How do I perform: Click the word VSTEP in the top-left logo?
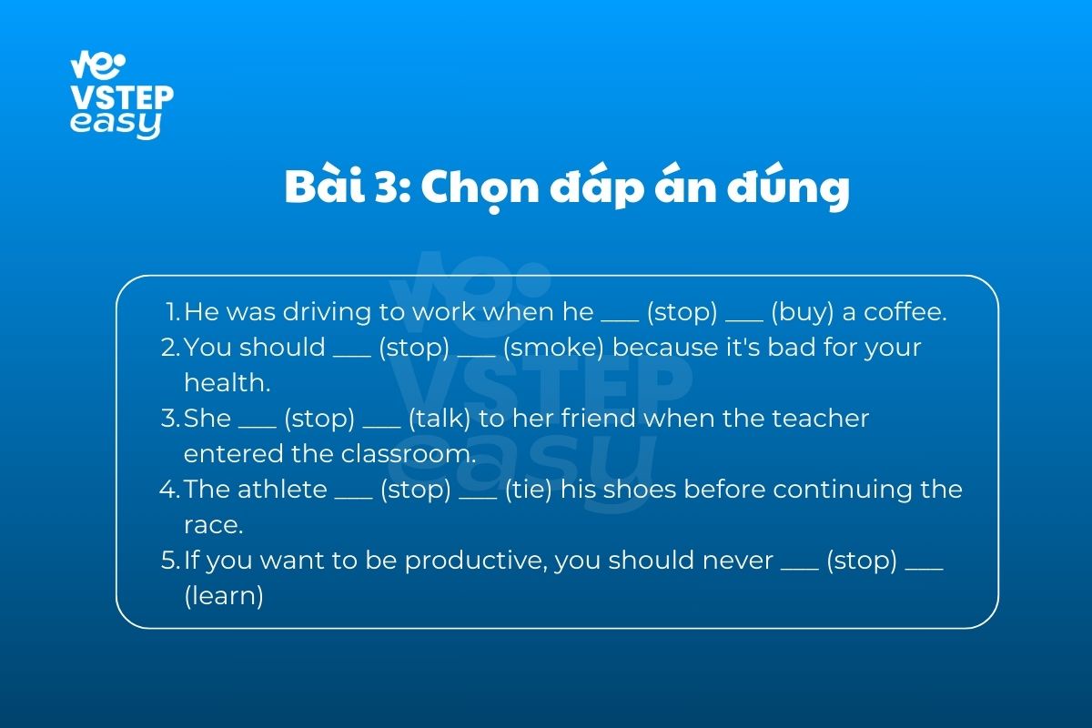122,97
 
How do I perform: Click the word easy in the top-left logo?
116,125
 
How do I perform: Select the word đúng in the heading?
789,187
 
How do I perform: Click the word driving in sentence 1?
327,312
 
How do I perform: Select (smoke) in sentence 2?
553,349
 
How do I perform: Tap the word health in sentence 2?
227,382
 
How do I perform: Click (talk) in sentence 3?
440,419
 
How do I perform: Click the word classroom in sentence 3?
408,454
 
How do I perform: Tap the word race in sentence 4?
213,526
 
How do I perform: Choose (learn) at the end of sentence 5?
224,596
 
